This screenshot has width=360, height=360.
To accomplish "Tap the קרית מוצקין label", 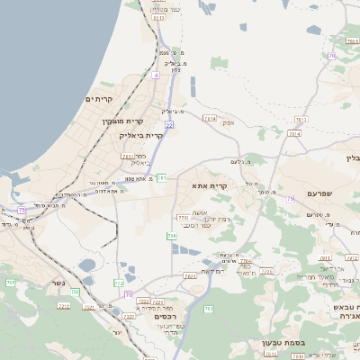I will [122, 121].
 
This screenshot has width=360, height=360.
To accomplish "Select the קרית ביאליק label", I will [141, 135].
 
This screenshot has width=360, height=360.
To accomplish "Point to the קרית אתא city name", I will [234, 185].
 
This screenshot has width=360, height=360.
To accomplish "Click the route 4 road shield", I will [155, 76].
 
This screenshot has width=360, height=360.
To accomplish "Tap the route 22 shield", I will [168, 125].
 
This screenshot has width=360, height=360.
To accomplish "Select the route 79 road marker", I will [291, 198].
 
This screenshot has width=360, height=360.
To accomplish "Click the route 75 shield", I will [22, 210].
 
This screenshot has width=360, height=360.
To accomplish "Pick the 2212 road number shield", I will [64, 306].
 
